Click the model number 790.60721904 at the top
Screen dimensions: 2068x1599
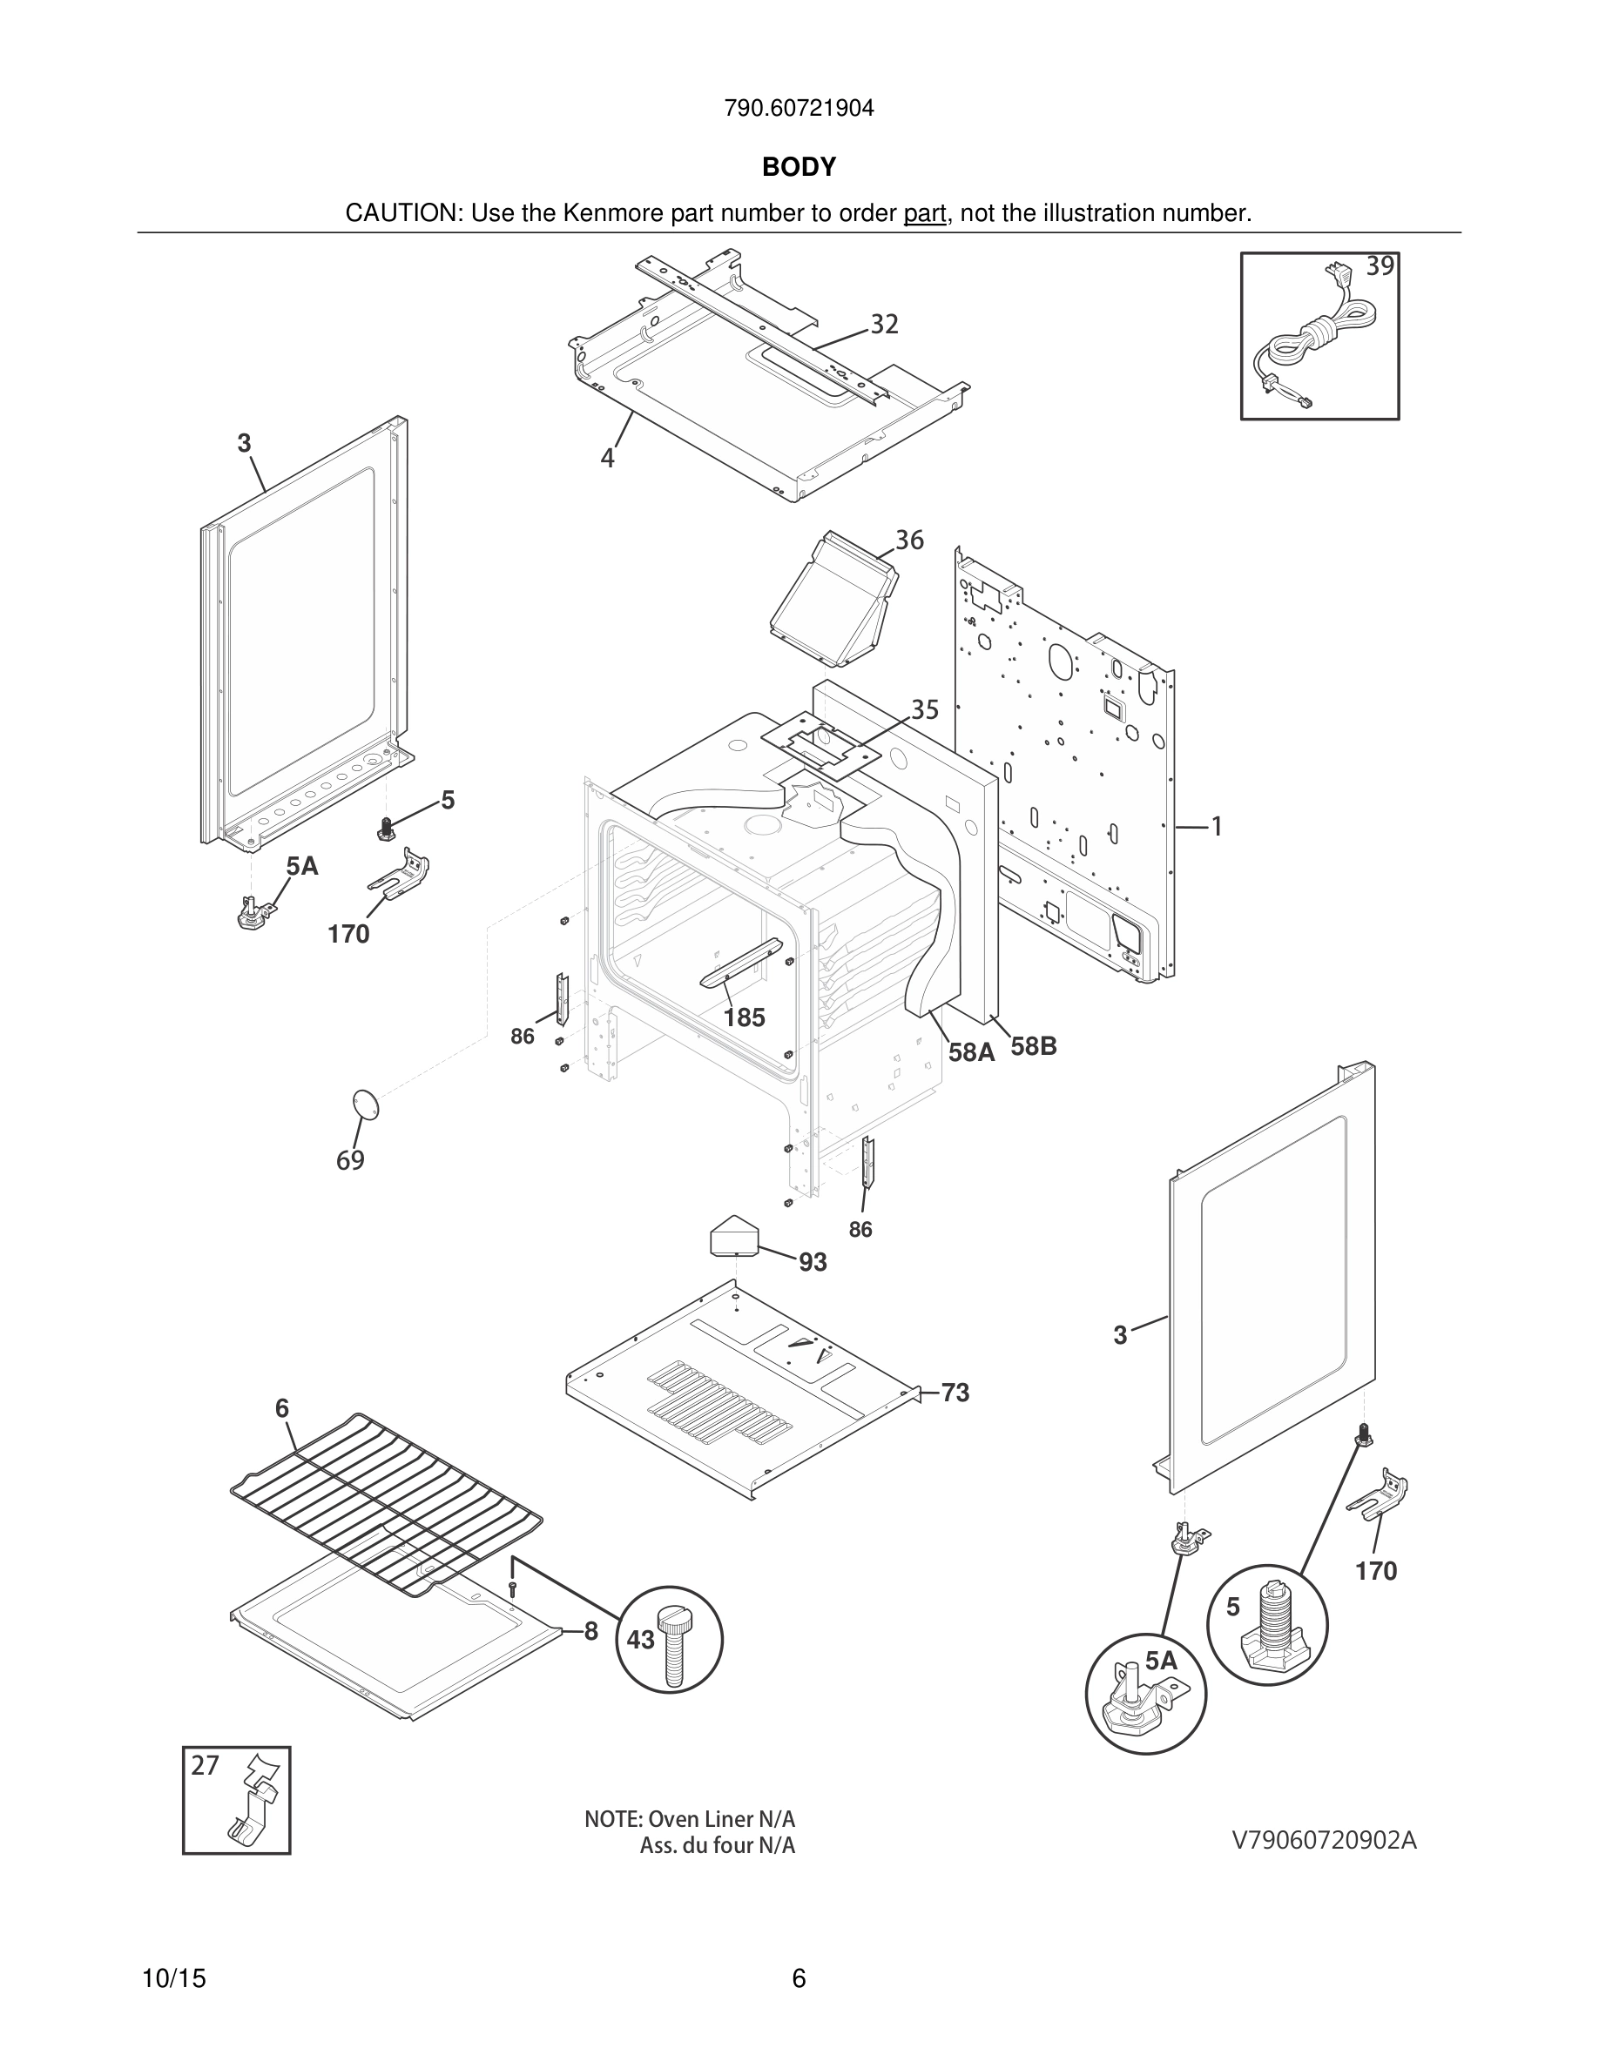pyautogui.click(x=799, y=109)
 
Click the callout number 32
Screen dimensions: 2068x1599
pyautogui.click(x=884, y=325)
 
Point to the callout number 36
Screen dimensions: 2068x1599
pyautogui.click(x=909, y=540)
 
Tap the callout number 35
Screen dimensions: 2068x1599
pyautogui.click(x=925, y=709)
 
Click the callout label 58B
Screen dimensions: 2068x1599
pyautogui.click(x=1033, y=1046)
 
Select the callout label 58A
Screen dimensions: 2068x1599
pyautogui.click(x=971, y=1052)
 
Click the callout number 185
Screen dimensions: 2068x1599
pyautogui.click(x=744, y=1018)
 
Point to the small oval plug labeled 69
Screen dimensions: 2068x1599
pyautogui.click(x=365, y=1104)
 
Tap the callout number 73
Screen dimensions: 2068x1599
pyautogui.click(x=955, y=1393)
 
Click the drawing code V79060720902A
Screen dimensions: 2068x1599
pyautogui.click(x=1323, y=1840)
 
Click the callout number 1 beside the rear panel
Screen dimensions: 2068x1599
pyautogui.click(x=1217, y=827)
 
